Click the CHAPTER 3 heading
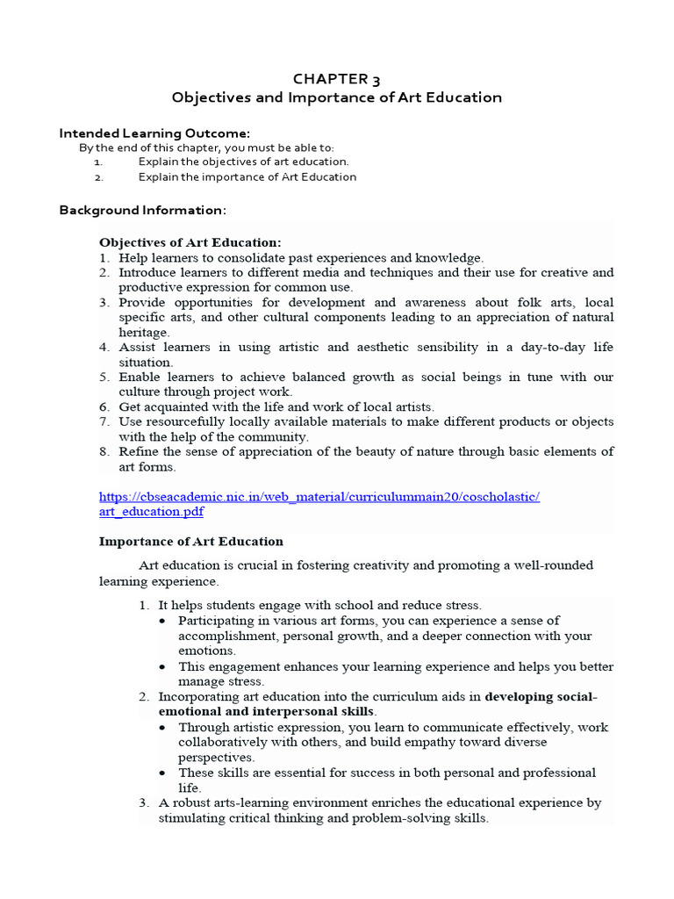coord(337,79)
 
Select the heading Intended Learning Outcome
coord(154,133)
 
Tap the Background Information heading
coord(142,210)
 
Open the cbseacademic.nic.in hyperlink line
coord(319,497)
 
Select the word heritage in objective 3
coord(144,332)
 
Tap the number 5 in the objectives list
coord(103,377)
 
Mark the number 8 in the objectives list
coord(103,451)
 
